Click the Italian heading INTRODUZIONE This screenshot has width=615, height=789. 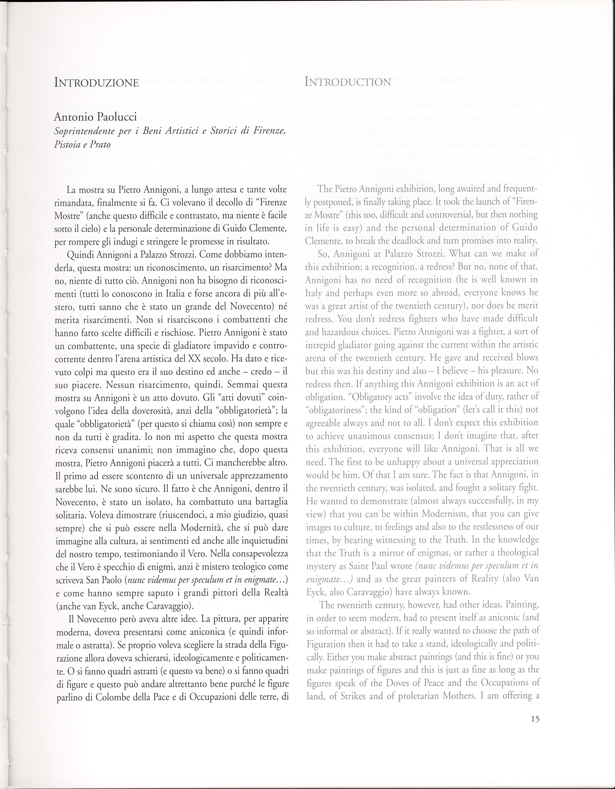point(96,83)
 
